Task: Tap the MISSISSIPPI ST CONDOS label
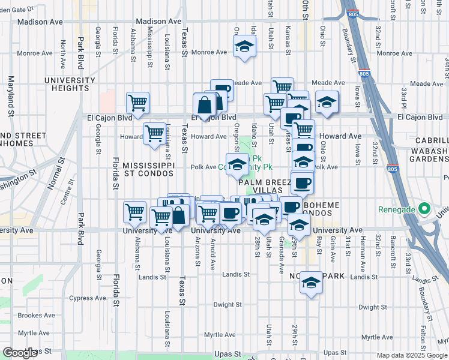click(x=148, y=169)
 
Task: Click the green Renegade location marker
click(x=424, y=209)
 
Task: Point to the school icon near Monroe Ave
click(x=244, y=46)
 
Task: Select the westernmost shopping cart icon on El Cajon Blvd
click(x=138, y=103)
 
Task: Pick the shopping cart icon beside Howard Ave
click(x=154, y=132)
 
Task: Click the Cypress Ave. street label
click(x=88, y=298)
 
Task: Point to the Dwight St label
click(x=228, y=305)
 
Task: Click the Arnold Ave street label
click(x=212, y=250)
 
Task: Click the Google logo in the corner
click(x=20, y=353)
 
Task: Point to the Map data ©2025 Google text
click(x=412, y=355)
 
